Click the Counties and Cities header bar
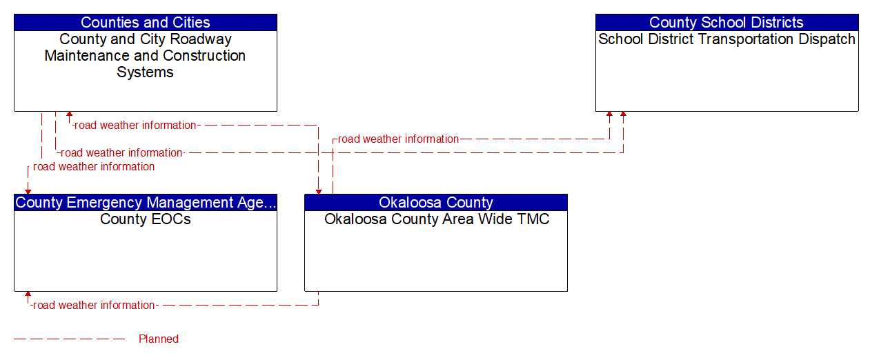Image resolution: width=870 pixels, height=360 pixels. [145, 23]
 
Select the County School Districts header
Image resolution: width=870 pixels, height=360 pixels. [726, 23]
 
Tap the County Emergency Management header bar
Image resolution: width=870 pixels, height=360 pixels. [145, 202]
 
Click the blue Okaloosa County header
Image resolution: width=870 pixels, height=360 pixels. [435, 202]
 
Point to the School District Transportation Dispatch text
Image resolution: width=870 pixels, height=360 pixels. [726, 39]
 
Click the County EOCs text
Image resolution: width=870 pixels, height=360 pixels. [145, 219]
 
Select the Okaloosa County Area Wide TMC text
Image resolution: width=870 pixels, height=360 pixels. [436, 219]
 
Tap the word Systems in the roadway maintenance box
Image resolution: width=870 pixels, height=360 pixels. [145, 72]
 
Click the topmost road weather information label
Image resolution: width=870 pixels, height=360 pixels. [135, 126]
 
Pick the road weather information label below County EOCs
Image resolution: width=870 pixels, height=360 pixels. [94, 305]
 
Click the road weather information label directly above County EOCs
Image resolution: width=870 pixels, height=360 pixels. [94, 166]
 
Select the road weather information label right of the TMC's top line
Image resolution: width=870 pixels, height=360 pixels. [398, 139]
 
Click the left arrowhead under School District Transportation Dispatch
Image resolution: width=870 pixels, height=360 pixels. [609, 115]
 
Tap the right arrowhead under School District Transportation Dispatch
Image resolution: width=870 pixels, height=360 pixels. [623, 115]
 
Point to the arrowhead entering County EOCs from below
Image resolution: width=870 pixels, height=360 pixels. [28, 295]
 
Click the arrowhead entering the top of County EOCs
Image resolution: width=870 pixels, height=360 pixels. [28, 190]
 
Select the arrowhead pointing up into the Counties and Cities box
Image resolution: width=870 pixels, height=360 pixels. [69, 115]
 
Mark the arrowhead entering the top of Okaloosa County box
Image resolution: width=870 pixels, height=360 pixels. [318, 190]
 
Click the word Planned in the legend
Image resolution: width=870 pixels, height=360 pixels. [159, 339]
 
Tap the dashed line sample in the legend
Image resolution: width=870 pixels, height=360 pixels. [69, 339]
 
